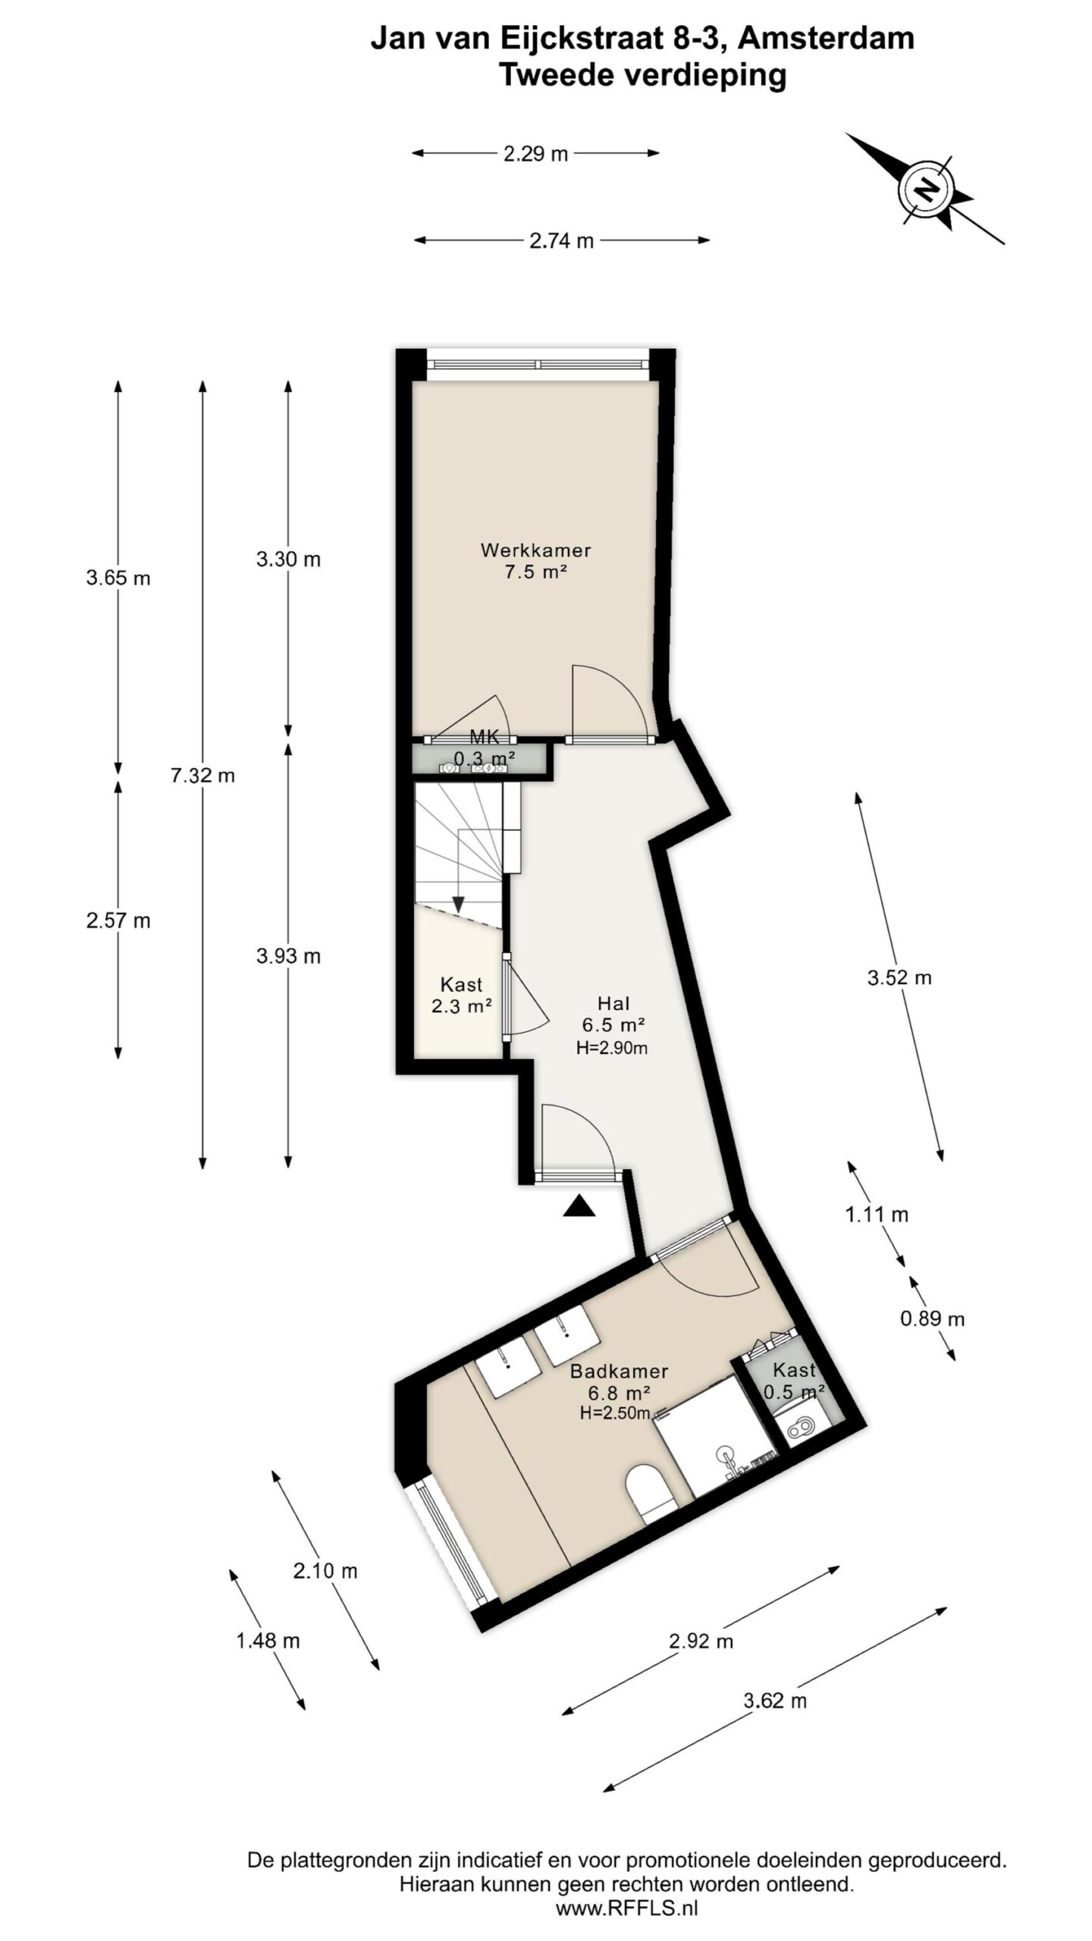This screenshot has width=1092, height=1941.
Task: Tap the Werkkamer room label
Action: (535, 550)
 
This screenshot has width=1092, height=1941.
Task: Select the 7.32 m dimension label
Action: (202, 776)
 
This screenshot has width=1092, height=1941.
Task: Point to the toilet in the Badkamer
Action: (650, 1493)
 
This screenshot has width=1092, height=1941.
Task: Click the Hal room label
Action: (613, 1004)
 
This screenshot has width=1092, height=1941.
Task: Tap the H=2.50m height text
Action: (615, 1413)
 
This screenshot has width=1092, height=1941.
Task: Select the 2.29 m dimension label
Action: (535, 154)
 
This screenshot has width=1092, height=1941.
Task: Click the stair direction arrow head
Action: (458, 905)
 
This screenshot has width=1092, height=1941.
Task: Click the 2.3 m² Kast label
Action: (461, 996)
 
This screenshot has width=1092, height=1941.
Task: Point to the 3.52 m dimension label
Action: (899, 977)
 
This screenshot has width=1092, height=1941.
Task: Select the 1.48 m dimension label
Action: (268, 1641)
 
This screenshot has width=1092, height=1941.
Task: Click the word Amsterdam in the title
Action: (826, 38)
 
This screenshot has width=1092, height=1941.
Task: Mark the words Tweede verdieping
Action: (642, 75)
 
